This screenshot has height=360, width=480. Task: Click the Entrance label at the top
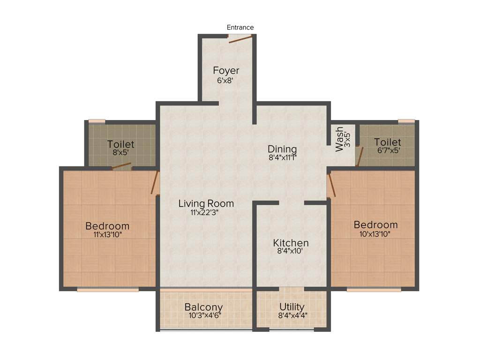tap(240, 28)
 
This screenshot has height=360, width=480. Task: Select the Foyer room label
tap(226, 71)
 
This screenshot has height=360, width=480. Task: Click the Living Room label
tap(206, 203)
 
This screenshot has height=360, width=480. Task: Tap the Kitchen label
tap(291, 243)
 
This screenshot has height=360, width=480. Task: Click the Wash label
tap(339, 139)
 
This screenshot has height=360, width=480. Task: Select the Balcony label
tap(203, 307)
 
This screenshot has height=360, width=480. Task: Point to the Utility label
tap(292, 307)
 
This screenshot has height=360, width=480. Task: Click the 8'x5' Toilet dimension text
tap(120, 153)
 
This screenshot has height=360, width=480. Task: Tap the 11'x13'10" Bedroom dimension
tap(107, 235)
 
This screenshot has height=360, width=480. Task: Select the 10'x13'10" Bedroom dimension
tap(375, 234)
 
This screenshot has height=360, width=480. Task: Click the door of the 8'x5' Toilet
tap(121, 165)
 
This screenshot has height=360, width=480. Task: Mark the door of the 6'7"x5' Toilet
tap(359, 157)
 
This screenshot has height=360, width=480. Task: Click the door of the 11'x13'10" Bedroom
tap(154, 183)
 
